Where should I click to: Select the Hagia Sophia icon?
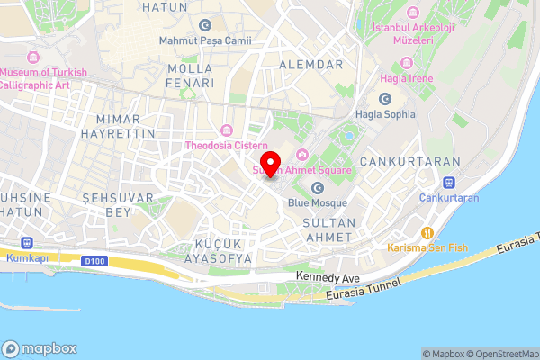point(385,99)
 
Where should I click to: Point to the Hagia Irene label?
point(411,78)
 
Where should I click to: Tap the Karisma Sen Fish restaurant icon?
point(428,232)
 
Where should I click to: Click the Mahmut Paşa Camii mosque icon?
point(205,25)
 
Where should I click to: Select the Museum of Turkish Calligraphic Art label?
point(44,78)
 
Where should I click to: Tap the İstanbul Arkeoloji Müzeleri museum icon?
point(413,12)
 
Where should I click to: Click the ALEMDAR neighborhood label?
point(311,65)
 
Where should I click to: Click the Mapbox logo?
point(39,348)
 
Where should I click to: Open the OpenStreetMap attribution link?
point(500,354)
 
